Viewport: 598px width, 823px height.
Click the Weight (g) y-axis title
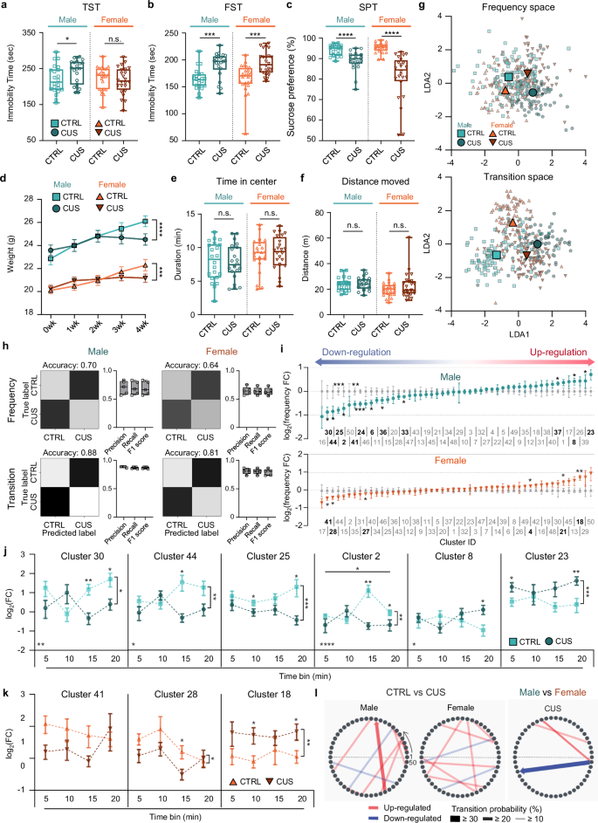pyautogui.click(x=10, y=253)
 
